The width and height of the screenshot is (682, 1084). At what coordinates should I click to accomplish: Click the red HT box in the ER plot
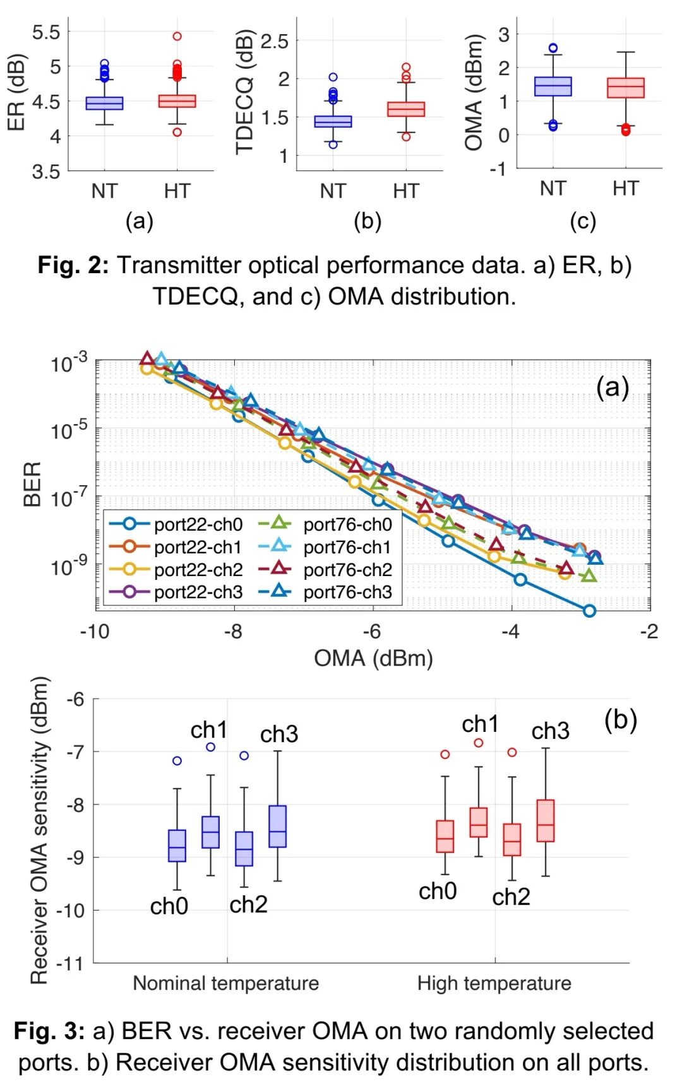(x=177, y=101)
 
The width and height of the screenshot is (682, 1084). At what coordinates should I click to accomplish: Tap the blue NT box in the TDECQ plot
(x=333, y=121)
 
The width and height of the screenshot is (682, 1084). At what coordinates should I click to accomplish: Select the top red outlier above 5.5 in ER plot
(x=177, y=36)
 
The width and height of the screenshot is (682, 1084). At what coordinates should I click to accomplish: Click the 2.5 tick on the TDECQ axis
(x=275, y=42)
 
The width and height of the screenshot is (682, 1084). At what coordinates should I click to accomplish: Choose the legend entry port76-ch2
(x=347, y=570)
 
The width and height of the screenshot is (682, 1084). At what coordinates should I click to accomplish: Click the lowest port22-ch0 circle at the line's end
(x=589, y=610)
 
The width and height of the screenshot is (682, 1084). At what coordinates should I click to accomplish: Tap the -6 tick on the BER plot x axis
(x=373, y=632)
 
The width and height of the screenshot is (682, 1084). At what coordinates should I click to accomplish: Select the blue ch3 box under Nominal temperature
(x=277, y=826)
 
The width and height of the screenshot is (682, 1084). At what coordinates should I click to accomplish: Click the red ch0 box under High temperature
(x=445, y=837)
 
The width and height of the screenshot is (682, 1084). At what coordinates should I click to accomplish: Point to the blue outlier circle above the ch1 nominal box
(x=211, y=747)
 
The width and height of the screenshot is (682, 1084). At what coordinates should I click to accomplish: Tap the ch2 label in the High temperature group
(x=511, y=897)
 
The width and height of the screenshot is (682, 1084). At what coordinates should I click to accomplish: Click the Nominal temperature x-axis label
(x=225, y=983)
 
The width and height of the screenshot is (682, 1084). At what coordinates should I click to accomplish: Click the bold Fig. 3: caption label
(x=49, y=1031)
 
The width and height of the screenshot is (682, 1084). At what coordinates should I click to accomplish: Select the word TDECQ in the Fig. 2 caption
(x=196, y=296)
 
